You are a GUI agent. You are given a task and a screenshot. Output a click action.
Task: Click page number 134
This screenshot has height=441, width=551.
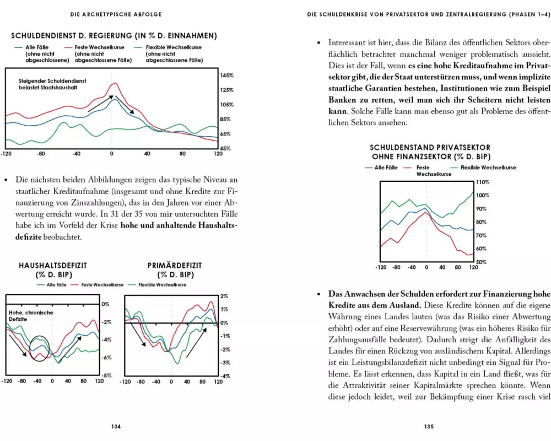tap(116, 426)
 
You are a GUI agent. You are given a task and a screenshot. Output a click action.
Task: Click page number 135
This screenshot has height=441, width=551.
tap(429, 426)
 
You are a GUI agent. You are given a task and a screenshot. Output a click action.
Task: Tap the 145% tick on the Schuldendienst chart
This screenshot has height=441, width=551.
tap(226, 76)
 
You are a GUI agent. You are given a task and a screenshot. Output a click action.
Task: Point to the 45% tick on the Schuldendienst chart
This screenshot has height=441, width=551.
tap(225, 149)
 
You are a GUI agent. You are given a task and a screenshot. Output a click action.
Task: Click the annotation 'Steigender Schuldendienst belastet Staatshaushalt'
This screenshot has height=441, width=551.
tap(52, 84)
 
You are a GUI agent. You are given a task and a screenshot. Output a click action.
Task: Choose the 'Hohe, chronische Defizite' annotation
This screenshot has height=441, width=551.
tap(30, 316)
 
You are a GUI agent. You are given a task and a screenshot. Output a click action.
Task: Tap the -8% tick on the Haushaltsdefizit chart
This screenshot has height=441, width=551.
tap(106, 375)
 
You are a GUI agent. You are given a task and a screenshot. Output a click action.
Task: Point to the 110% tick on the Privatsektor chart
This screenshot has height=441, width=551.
tap(482, 182)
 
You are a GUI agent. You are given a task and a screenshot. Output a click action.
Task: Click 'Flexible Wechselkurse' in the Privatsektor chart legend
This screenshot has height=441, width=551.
tap(488, 168)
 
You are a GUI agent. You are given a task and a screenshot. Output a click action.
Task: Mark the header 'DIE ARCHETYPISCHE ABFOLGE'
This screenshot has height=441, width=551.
tap(115, 14)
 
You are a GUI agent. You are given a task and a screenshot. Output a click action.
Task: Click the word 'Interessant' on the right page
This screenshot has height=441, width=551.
tap(349, 42)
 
